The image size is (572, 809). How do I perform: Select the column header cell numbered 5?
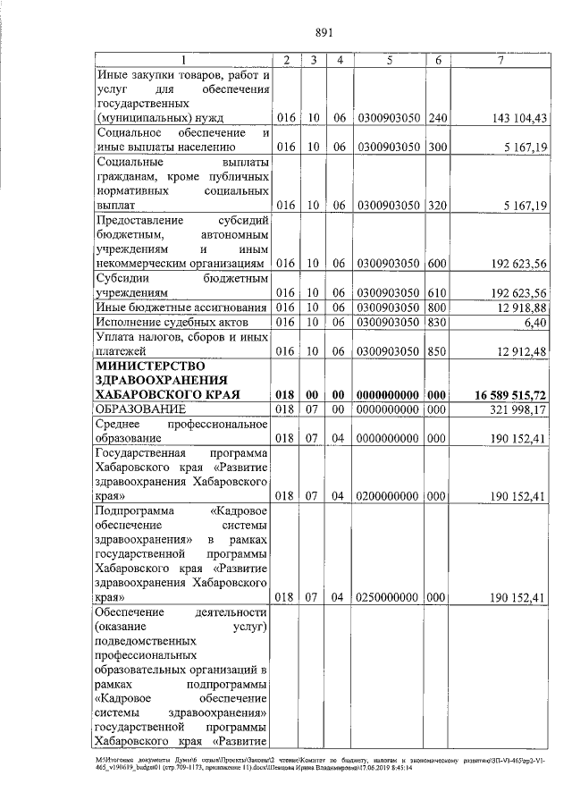[x=390, y=60]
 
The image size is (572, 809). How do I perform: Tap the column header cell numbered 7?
[x=501, y=60]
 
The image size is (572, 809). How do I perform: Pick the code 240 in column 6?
[x=437, y=118]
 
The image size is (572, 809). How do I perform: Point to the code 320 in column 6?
[x=437, y=205]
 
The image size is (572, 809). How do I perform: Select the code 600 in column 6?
[x=437, y=265]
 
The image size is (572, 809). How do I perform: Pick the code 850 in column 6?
[x=437, y=351]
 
